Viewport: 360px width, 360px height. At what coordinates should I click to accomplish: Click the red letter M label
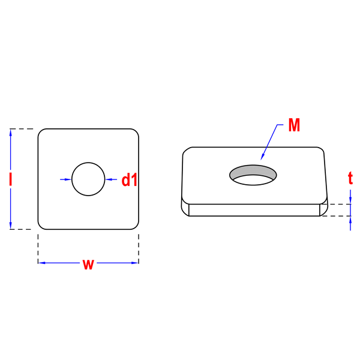coord(294,125)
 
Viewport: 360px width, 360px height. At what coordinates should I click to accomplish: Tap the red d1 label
coord(129,179)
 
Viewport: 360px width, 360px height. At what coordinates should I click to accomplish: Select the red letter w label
coord(88,264)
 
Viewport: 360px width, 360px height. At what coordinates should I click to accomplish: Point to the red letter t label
coord(350,178)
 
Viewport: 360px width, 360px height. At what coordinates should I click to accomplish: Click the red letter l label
coord(10,179)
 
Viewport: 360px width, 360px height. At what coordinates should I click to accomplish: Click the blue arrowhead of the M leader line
coord(262,157)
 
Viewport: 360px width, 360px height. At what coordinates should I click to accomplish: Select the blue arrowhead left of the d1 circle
coord(68,179)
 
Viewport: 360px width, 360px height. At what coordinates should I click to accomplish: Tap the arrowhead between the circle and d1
coord(109,179)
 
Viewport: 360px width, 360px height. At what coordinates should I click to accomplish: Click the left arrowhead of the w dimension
coord(42,263)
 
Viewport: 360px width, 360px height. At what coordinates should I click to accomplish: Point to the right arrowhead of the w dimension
coord(135,263)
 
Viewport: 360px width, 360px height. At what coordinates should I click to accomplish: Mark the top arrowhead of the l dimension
coord(10,133)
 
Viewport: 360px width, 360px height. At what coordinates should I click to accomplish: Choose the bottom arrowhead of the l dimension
coord(10,226)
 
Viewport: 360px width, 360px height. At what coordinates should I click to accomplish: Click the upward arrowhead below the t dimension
coord(350,220)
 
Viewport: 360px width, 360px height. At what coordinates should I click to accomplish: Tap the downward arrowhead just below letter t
coord(350,200)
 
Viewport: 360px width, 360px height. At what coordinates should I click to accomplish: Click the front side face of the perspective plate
coord(254,210)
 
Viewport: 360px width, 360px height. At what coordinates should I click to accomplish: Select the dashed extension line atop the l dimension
coord(22,129)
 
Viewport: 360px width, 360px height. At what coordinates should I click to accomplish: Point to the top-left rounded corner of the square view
coord(41,131)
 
